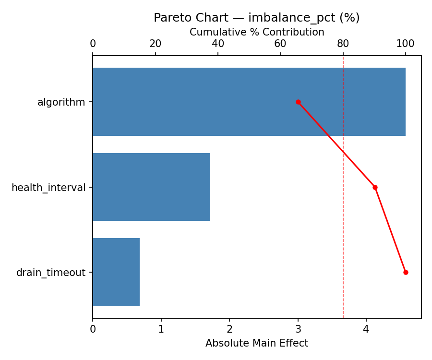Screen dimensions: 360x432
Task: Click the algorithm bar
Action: pos(249,102)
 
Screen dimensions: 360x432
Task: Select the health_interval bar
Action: pos(151,187)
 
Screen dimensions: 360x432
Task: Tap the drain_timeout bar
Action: pos(116,272)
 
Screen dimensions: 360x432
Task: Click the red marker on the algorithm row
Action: pos(298,102)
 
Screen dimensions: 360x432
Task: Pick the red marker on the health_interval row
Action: pos(375,187)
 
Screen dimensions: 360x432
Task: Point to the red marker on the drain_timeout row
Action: pos(406,272)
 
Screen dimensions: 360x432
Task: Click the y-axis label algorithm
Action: pos(61,102)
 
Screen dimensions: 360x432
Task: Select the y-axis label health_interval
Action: pos(48,188)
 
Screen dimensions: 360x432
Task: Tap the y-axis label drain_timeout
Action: pos(51,273)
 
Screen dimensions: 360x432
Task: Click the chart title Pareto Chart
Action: pos(256,18)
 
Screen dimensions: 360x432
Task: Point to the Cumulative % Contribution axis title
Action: pos(257,32)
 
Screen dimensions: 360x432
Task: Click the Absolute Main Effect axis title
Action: pos(257,343)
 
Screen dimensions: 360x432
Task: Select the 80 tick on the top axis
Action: pos(343,44)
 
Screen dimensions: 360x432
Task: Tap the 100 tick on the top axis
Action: pos(406,44)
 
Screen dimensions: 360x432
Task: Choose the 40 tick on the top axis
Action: pos(218,44)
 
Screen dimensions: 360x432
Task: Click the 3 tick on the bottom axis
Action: pos(298,330)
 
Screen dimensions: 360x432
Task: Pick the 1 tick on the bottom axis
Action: pos(161,330)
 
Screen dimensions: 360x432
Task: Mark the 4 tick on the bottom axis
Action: pos(366,330)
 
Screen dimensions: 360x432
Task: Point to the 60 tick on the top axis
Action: pos(280,44)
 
